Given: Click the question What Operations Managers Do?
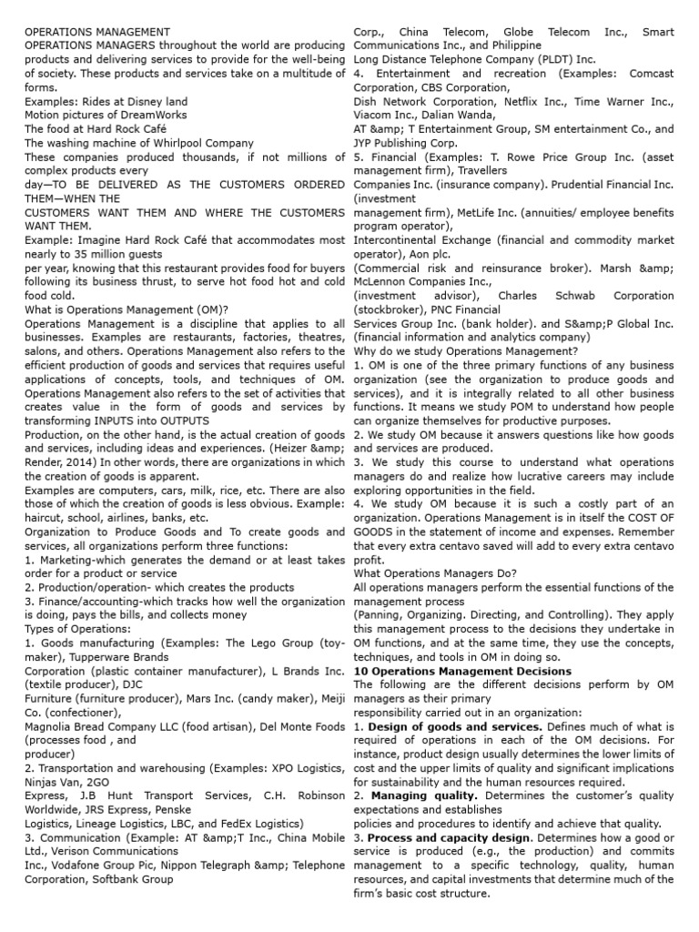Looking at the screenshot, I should coord(435,573).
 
